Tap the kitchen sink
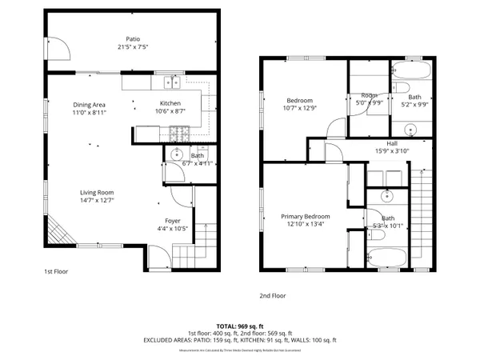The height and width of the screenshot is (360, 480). pyautogui.click(x=170, y=82)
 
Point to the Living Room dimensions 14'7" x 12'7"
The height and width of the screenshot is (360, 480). pyautogui.click(x=97, y=200)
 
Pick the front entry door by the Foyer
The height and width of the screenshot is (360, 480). pyautogui.click(x=160, y=258)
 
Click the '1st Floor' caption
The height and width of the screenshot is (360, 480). pyautogui.click(x=56, y=272)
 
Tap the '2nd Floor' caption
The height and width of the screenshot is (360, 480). pyautogui.click(x=272, y=295)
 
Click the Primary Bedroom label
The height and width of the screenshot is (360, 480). pyautogui.click(x=305, y=216)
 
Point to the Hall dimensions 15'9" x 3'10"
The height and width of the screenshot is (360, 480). pyautogui.click(x=386, y=151)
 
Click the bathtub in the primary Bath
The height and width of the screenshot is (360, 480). pyautogui.click(x=386, y=258)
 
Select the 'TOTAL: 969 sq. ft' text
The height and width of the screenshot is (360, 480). pyautogui.click(x=240, y=326)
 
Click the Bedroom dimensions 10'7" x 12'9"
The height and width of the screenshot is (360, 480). pyautogui.click(x=300, y=109)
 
